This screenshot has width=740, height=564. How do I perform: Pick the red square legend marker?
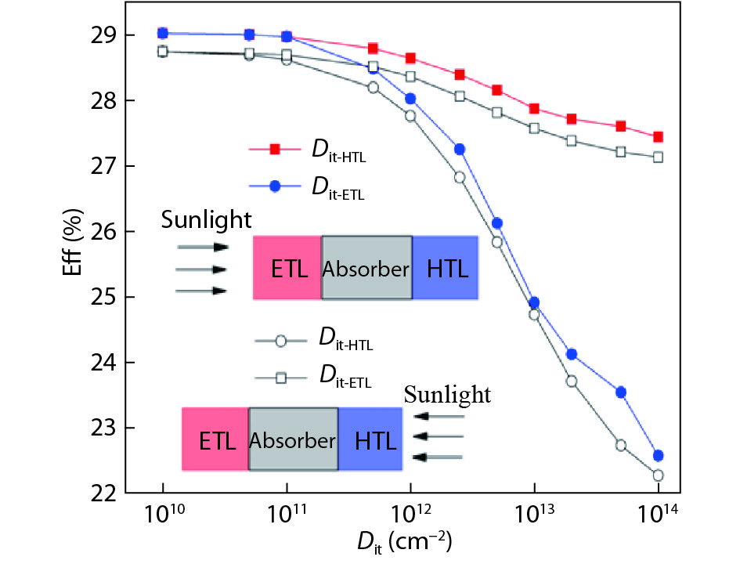(x=276, y=149)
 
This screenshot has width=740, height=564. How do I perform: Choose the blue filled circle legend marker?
(x=276, y=186)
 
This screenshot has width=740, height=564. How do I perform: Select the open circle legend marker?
(x=281, y=341)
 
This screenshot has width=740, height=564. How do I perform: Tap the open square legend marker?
(x=281, y=378)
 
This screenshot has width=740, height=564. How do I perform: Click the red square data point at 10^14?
(x=658, y=137)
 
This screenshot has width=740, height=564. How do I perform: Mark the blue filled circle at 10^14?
(x=658, y=455)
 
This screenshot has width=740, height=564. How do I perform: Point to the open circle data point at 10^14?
(x=658, y=475)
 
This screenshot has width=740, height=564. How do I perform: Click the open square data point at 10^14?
(x=658, y=157)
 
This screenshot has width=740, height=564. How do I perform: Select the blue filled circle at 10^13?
(x=534, y=303)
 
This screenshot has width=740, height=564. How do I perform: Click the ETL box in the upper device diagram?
(x=287, y=268)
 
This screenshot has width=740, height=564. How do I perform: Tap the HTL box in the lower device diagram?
(x=370, y=439)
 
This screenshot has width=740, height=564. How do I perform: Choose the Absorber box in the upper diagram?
(x=366, y=268)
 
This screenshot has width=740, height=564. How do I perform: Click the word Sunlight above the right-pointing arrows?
(x=207, y=220)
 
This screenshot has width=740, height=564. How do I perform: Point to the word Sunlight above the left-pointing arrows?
(x=447, y=395)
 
